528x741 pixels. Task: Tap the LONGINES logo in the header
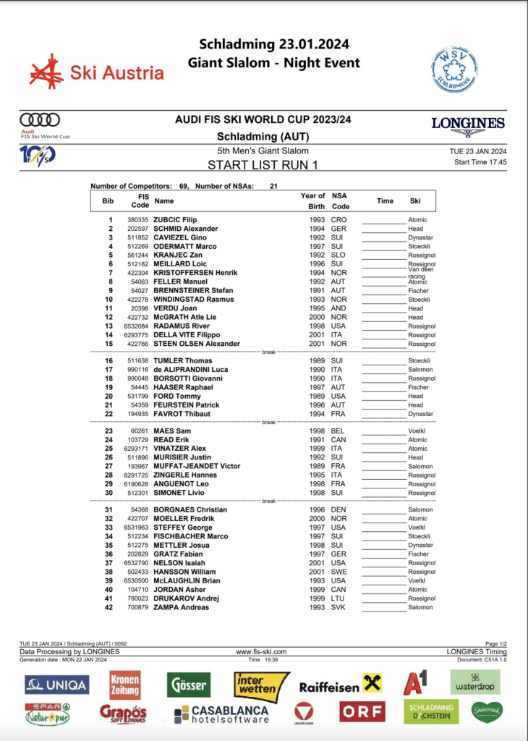[468, 124]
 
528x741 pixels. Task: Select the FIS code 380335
[138, 220]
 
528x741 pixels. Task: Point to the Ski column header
[415, 201]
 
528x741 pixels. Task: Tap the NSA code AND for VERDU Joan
[338, 308]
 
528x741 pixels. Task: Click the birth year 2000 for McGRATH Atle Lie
[310, 317]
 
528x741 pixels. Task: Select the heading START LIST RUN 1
[263, 164]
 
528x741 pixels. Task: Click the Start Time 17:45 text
[480, 162]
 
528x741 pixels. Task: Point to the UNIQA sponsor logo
[57, 685]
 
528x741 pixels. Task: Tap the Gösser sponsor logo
[189, 684]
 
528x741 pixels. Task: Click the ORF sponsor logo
[362, 713]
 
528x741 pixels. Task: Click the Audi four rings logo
[40, 120]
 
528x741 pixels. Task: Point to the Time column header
[385, 201]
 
